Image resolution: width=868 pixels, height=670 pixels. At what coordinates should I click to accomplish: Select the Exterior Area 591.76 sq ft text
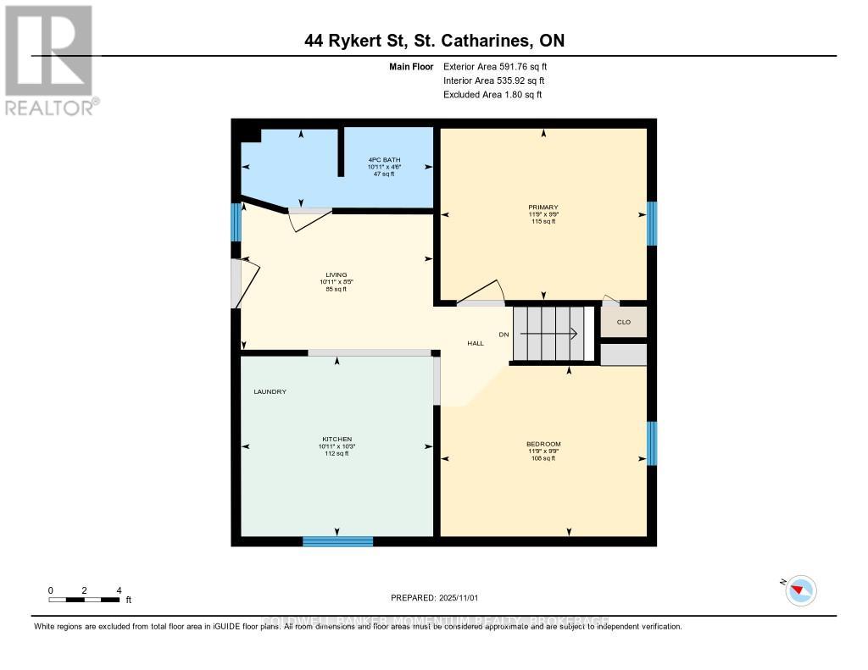click(x=501, y=66)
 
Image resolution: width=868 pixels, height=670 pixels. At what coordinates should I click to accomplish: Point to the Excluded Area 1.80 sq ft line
click(x=492, y=95)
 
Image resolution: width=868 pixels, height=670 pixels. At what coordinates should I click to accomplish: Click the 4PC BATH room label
click(x=384, y=160)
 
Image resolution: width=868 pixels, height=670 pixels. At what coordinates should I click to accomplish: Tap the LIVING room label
click(x=337, y=274)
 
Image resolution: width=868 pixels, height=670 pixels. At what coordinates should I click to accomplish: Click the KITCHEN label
click(x=337, y=439)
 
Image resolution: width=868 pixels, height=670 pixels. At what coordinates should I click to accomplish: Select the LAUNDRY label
click(x=270, y=391)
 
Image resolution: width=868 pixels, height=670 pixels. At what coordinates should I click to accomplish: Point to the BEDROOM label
click(x=542, y=444)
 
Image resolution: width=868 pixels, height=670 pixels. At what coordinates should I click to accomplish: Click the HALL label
click(x=476, y=343)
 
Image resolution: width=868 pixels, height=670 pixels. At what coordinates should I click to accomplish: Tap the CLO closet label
click(x=623, y=322)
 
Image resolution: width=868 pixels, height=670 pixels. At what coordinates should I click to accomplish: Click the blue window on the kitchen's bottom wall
click(x=337, y=541)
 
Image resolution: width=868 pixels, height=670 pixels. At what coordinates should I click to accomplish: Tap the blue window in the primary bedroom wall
click(x=652, y=223)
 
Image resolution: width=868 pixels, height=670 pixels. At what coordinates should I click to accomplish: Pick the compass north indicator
click(x=800, y=590)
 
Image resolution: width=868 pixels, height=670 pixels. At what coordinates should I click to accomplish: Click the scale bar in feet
click(x=84, y=600)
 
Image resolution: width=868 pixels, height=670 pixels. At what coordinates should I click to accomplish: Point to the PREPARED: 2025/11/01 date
click(x=434, y=598)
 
